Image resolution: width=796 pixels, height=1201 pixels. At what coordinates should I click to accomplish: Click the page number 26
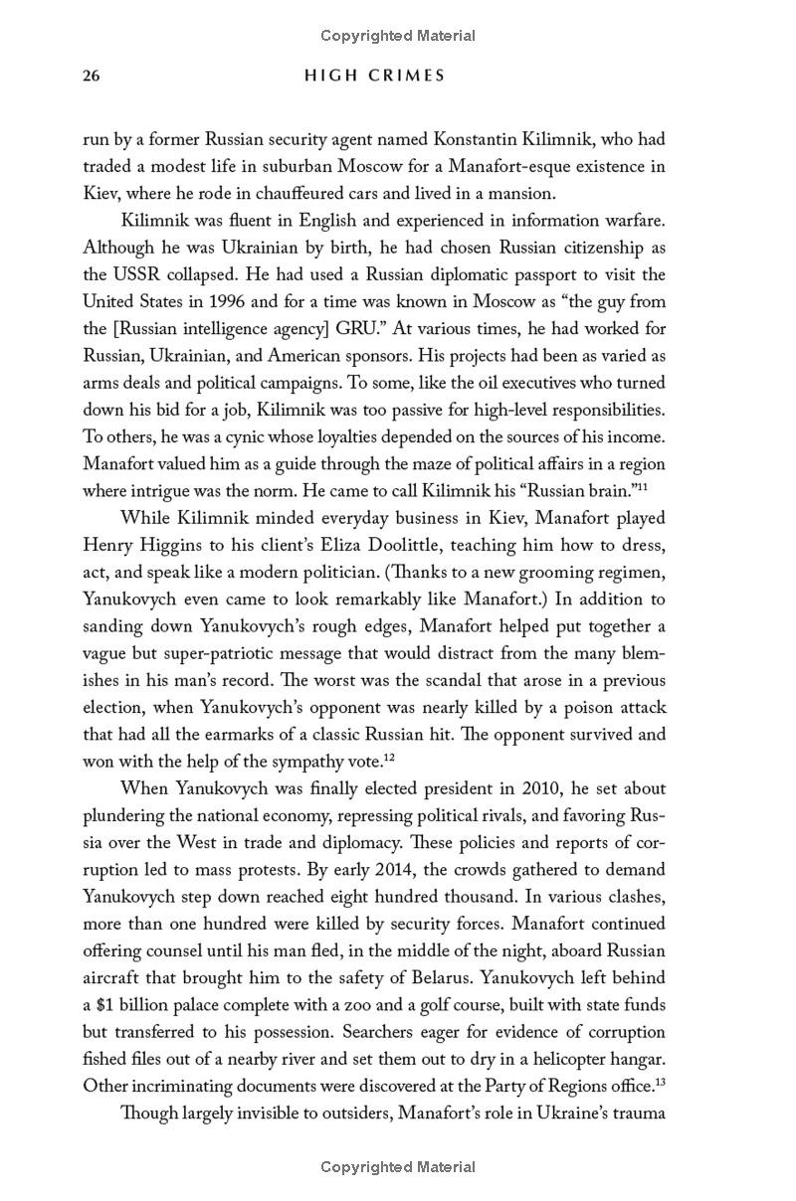coord(92,76)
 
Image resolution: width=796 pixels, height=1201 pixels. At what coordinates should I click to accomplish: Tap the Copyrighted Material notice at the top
coord(398,36)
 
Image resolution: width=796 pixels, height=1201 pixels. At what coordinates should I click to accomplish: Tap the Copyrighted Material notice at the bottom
coord(398,1167)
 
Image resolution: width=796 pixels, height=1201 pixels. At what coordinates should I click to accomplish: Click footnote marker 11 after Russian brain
coord(643,486)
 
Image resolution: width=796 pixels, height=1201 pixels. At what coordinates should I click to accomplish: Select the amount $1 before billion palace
coord(107,1005)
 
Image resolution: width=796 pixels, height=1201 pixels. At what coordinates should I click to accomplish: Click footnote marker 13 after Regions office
coord(661,1082)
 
